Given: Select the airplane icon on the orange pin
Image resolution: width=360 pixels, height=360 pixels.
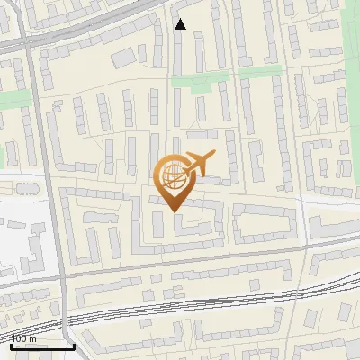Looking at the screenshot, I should tap(200, 165).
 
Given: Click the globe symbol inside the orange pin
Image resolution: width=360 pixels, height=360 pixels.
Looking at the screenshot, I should tap(174, 176).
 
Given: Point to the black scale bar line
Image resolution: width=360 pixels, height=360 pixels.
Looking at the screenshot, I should tap(42, 346).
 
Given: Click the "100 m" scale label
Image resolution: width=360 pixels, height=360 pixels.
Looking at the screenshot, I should tap(24, 338).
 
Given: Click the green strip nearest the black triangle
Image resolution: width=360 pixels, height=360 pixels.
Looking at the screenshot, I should tap(200, 81).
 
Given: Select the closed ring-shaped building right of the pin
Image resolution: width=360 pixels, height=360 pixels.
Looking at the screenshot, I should tap(265, 221).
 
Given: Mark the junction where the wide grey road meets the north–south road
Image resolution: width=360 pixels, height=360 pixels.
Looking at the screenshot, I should tap(33, 42).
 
